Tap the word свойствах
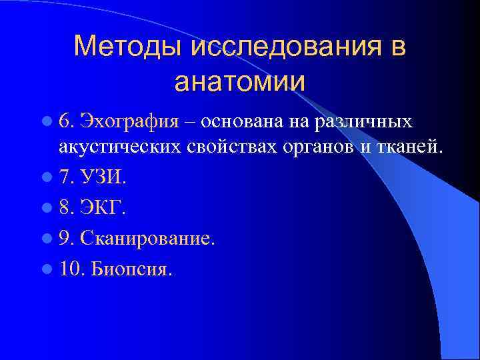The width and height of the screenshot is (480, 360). click(220, 147)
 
